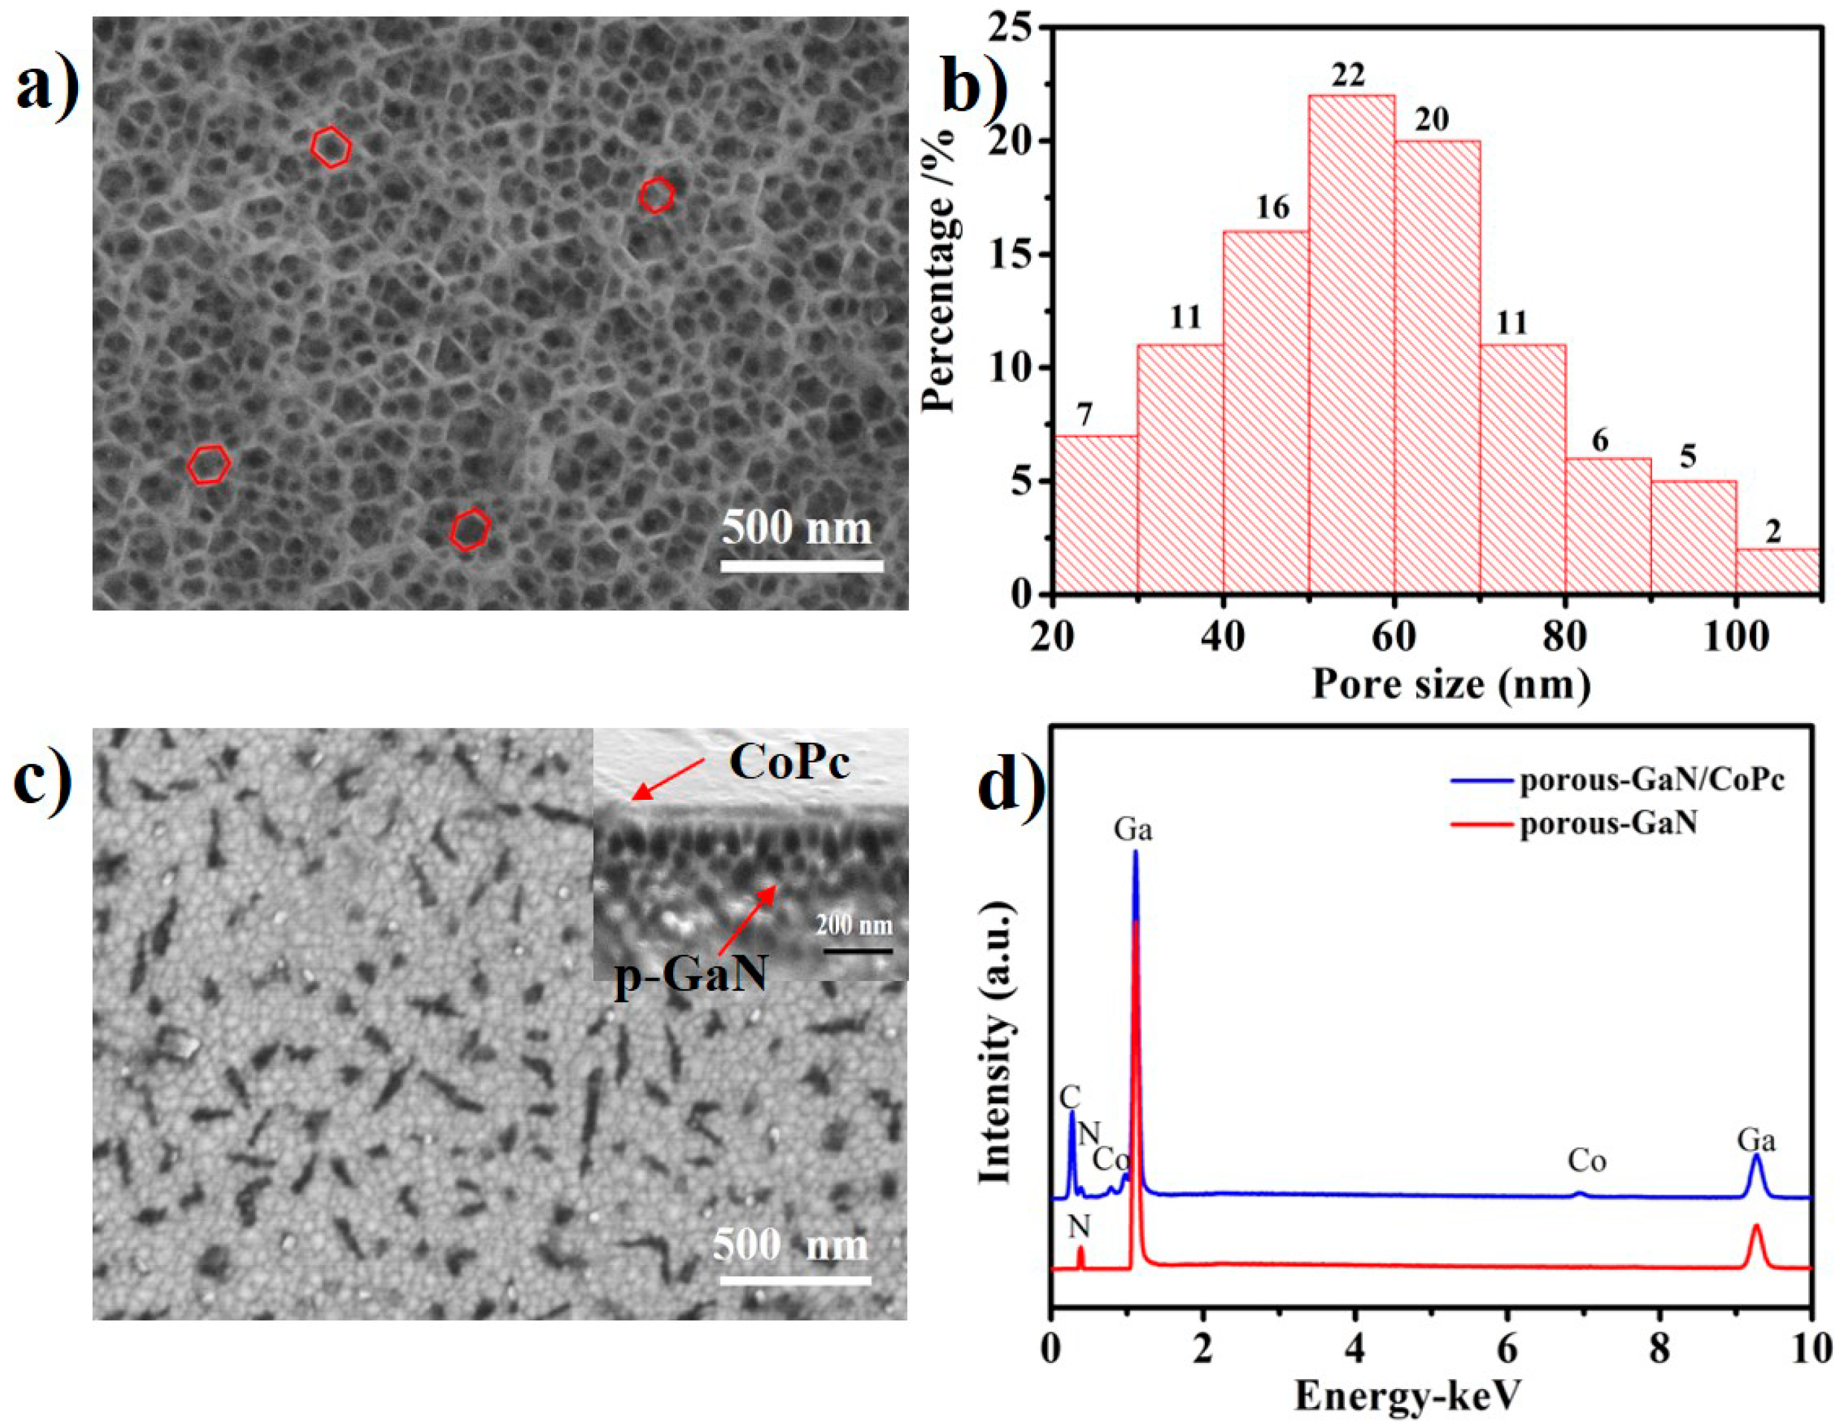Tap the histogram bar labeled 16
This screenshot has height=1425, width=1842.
1265,413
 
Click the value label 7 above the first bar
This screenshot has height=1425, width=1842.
1085,415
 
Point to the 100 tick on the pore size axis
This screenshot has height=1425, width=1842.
1736,637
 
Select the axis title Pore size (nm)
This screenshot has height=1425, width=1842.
1451,683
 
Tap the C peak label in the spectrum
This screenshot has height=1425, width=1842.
1070,1097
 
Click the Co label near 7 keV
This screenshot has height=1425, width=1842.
1587,1162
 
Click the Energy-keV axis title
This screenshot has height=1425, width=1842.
1407,1396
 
